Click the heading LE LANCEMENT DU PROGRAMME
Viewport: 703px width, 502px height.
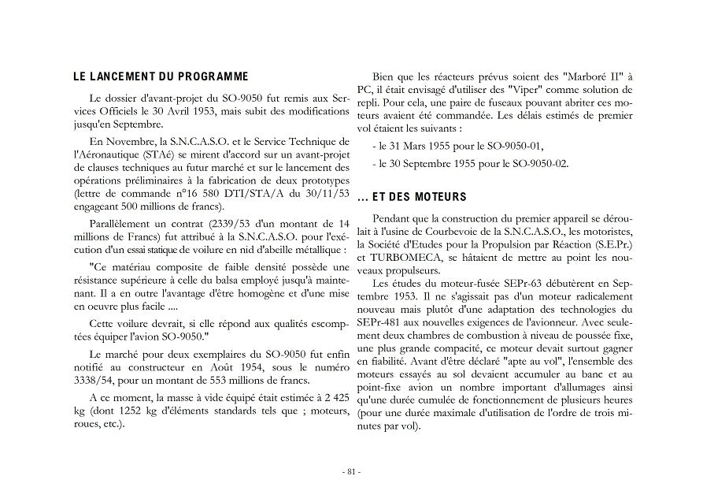coord(159,76)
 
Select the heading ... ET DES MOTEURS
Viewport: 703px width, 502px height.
coord(412,196)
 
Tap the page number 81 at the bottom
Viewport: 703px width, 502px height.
coord(351,472)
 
